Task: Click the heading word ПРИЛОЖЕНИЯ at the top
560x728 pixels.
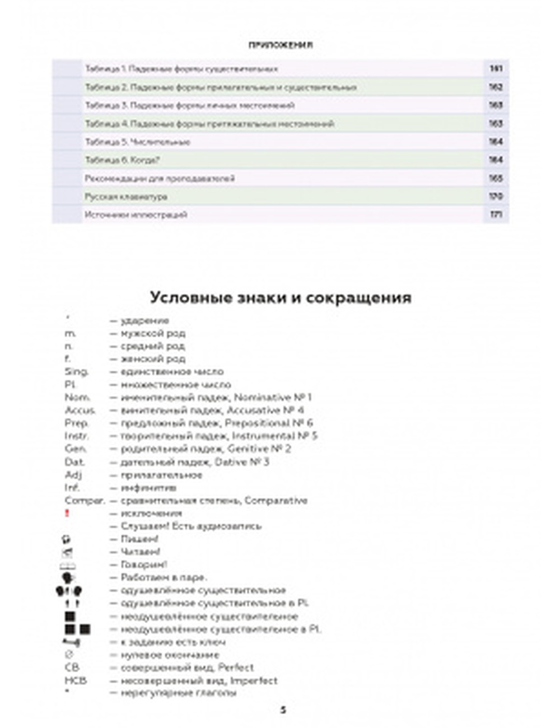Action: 281,45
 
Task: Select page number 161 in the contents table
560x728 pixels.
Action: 496,69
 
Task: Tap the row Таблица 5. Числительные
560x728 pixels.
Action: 138,142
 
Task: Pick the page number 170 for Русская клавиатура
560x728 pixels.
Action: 496,197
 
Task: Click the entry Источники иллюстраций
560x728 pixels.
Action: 136,215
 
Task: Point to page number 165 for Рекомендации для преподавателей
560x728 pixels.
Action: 496,179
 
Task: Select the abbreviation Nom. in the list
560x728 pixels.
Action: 77,398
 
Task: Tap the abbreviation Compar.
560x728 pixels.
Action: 85,501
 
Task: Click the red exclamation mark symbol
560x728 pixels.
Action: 68,513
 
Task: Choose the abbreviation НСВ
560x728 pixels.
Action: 76,681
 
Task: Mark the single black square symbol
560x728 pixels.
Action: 70,617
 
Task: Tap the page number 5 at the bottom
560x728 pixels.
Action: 283,710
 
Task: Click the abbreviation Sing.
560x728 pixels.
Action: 77,372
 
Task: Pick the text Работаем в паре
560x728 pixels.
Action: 164,577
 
